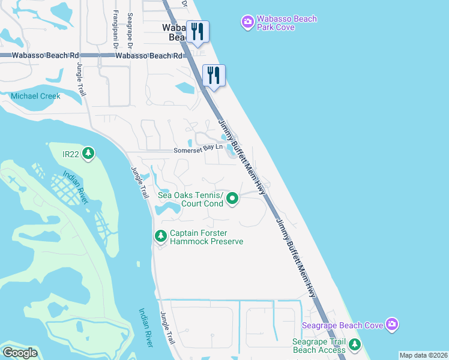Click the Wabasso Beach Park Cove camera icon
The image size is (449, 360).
[x=247, y=23]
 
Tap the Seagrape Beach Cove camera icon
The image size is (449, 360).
[x=392, y=325]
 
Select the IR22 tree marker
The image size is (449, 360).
[x=89, y=154]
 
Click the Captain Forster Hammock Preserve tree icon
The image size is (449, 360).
[x=160, y=236]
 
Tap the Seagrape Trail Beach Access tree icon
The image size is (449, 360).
[x=355, y=345]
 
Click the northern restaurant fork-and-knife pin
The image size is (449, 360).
[x=197, y=31]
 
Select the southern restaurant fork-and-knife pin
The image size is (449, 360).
[x=214, y=76]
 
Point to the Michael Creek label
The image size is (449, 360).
[x=35, y=96]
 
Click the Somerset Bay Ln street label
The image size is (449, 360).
[x=194, y=151]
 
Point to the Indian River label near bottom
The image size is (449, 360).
[x=146, y=327]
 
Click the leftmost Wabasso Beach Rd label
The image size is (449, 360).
[x=40, y=55]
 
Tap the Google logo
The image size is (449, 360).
[x=20, y=353]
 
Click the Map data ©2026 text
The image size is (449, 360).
[x=423, y=355]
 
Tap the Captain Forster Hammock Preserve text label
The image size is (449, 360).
[x=206, y=237]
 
